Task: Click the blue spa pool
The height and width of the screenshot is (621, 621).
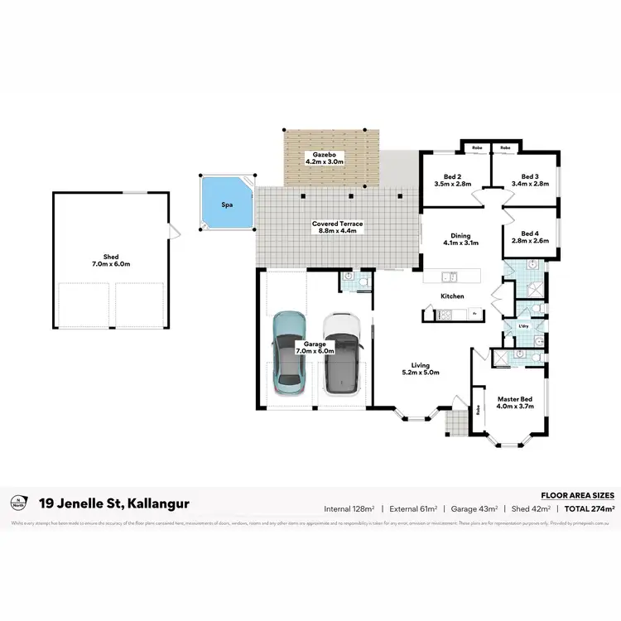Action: [x=225, y=203]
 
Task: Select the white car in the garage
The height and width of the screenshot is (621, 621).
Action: [x=342, y=353]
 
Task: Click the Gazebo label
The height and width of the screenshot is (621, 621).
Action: [x=325, y=158]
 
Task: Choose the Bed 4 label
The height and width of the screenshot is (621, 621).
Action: [x=530, y=238]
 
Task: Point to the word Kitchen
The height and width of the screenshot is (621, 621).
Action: [x=452, y=296]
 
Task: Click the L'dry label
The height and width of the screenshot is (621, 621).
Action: [x=523, y=326]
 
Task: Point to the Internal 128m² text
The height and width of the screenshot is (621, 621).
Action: [x=350, y=508]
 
